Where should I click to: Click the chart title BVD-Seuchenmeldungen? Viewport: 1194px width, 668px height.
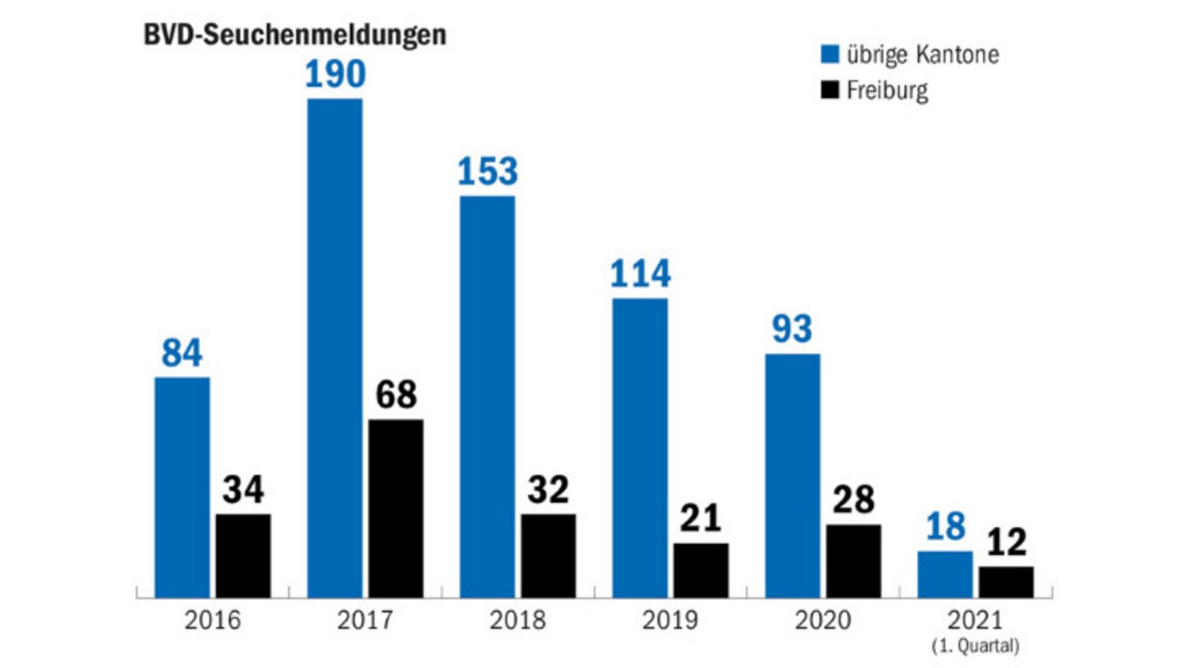tap(294, 36)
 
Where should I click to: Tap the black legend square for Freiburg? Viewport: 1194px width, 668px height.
tap(830, 90)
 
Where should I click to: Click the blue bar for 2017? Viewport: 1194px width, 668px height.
tap(334, 348)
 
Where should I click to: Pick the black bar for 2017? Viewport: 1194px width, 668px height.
tap(396, 508)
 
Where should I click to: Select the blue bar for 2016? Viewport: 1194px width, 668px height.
tap(182, 486)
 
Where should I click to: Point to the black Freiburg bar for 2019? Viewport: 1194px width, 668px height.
tap(701, 570)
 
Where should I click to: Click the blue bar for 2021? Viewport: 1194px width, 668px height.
tap(945, 574)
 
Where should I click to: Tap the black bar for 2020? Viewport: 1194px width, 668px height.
tap(853, 561)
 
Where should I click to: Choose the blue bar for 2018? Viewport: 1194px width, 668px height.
tap(487, 397)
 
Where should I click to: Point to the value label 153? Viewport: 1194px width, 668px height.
tap(487, 171)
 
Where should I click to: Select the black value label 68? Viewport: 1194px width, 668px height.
tap(396, 395)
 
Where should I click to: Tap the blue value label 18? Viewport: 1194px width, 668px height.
tap(944, 527)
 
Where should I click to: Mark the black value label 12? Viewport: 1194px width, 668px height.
tap(1006, 543)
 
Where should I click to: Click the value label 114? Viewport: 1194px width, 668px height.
tap(640, 274)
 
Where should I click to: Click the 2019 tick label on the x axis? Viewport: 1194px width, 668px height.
tap(670, 619)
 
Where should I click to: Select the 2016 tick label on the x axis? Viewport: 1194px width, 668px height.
tap(212, 619)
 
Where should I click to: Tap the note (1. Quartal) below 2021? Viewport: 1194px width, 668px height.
tap(976, 645)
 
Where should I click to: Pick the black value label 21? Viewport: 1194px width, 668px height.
tap(700, 519)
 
